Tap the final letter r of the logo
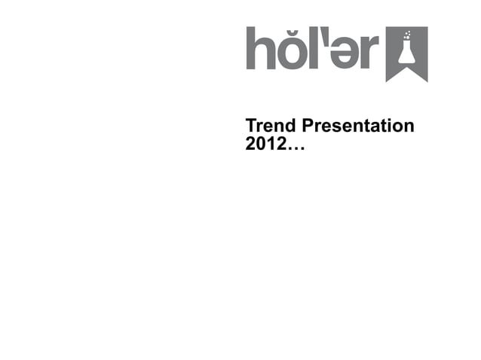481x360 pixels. [365, 55]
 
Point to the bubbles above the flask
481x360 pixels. [408, 35]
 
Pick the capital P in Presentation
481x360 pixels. [306, 125]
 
